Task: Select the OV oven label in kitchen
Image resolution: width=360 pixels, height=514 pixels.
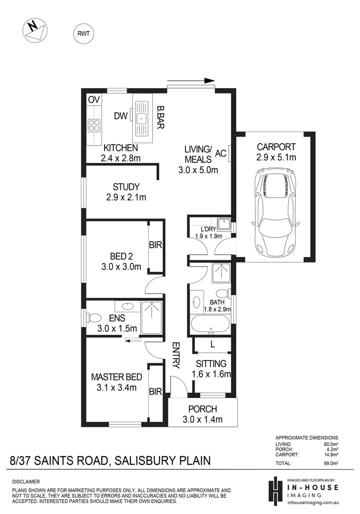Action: (x=94, y=99)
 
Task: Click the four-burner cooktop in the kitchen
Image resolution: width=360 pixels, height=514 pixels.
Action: (x=94, y=125)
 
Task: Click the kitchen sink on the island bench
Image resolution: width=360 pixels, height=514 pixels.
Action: (x=142, y=117)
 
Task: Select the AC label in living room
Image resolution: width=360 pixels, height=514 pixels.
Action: (x=221, y=153)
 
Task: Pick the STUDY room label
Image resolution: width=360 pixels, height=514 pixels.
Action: (x=126, y=187)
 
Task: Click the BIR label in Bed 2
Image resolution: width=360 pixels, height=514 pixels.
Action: (x=156, y=246)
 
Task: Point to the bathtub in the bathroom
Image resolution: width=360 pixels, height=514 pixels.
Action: (x=210, y=325)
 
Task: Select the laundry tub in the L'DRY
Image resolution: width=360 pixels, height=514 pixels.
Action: (x=223, y=223)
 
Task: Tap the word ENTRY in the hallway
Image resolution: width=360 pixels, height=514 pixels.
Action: (x=175, y=356)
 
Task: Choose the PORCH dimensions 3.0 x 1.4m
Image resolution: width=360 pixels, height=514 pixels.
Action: (x=203, y=419)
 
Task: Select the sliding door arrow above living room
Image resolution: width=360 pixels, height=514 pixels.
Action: (x=191, y=80)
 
